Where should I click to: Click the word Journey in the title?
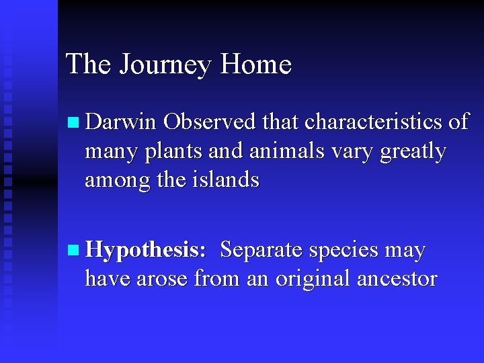(x=166, y=65)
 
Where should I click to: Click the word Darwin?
(x=121, y=122)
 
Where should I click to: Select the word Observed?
(x=210, y=122)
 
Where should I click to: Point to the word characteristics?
(x=374, y=122)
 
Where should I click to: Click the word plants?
(x=175, y=151)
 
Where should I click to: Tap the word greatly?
(x=413, y=152)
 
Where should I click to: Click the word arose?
(x=163, y=278)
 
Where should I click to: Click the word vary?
(x=353, y=153)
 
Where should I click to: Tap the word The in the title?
(x=89, y=65)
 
